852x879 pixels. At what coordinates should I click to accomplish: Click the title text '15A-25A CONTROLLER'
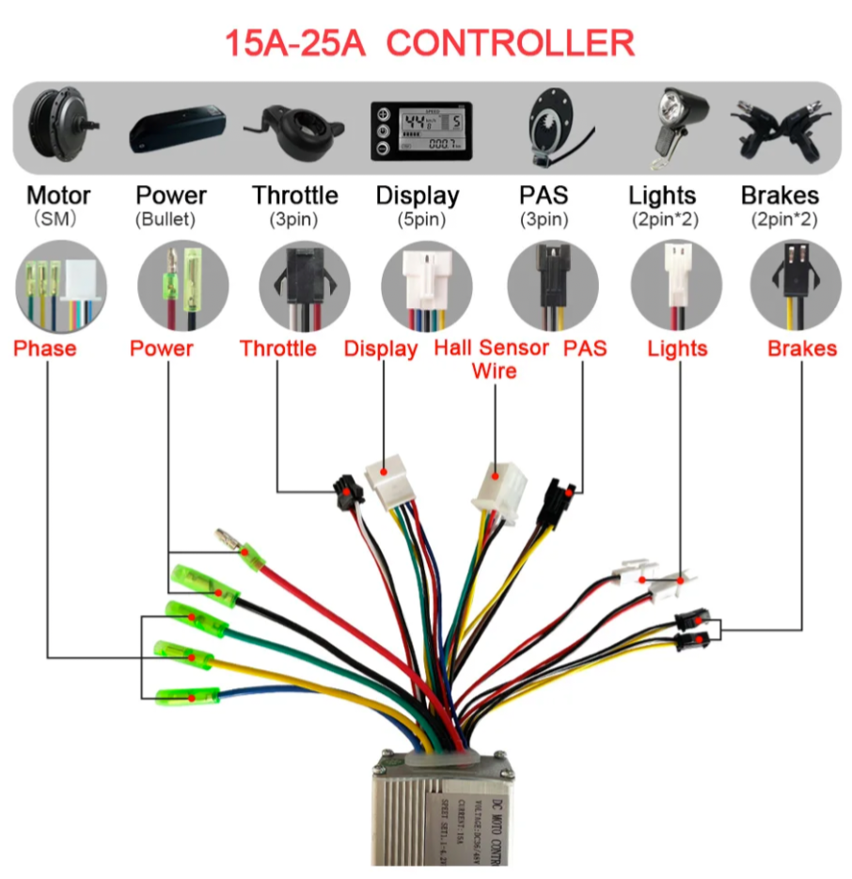coord(429,42)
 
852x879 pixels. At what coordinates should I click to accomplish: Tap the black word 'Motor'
coord(58,196)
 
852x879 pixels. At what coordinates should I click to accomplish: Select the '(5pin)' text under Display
coord(418,220)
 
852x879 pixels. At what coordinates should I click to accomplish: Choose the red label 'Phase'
coord(45,349)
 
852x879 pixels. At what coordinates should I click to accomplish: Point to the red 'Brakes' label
coord(801,349)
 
